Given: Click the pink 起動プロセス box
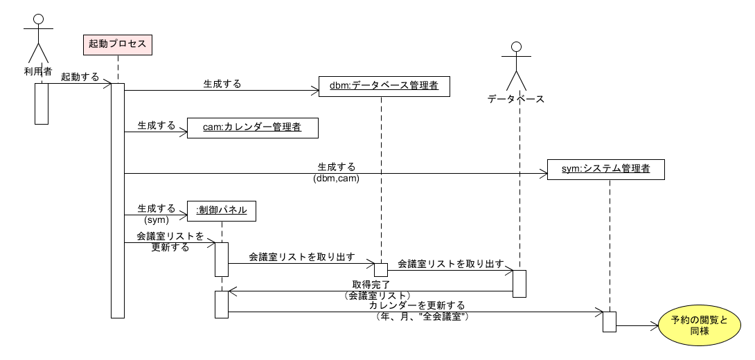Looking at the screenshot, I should tap(118, 44).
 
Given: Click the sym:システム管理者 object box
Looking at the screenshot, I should tap(606, 169).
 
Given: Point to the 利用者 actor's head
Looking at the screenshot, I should tap(38, 19).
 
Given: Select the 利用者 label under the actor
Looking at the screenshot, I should tap(38, 72).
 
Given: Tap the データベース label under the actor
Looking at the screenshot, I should tap(515, 99).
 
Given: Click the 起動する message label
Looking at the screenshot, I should tap(80, 76).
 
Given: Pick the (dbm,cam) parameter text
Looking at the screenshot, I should tap(336, 178).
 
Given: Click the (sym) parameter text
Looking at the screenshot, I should tap(156, 219).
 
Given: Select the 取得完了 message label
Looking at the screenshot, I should tap(371, 285).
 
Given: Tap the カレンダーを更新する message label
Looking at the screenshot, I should tap(416, 305).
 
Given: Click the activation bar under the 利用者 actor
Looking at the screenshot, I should tap(42, 104).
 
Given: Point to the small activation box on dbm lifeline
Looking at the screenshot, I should tap(381, 269).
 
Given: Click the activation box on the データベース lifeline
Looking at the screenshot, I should tap(519, 283).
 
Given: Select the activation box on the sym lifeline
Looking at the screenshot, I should tap(609, 321).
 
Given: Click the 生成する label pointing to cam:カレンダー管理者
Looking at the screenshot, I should tap(156, 126).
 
